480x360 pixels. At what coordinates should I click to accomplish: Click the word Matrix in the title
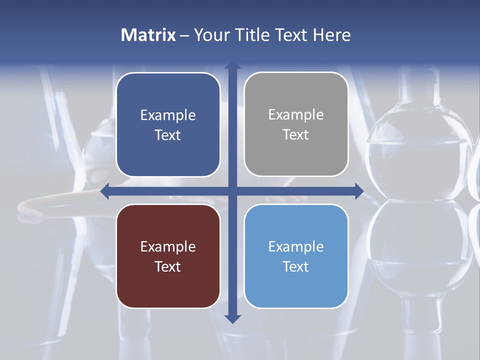tap(148, 35)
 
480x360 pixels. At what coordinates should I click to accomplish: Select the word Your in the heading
tap(211, 35)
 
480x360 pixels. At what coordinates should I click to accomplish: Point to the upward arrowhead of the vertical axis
tap(232, 65)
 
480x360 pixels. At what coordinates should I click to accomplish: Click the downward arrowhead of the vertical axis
tap(232, 319)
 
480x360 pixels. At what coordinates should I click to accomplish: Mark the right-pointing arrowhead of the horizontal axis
tap(359, 191)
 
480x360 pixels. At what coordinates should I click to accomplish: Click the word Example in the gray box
tap(296, 115)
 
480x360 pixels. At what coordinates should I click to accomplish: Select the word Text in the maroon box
tap(168, 266)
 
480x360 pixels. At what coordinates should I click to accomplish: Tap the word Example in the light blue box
tap(296, 246)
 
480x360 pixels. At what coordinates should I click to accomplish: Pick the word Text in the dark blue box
tap(168, 135)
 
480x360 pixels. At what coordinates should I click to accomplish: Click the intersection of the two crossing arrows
tap(232, 191)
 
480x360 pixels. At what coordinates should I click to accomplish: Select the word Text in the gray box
tap(296, 135)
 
